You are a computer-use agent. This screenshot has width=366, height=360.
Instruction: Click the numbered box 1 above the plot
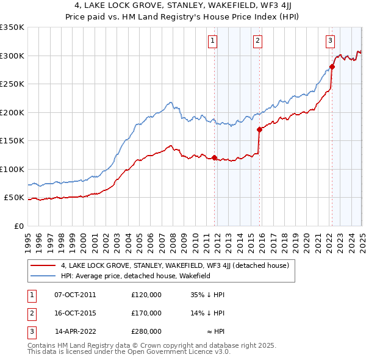[x=213, y=41]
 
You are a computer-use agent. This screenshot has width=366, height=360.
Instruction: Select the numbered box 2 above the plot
[x=258, y=41]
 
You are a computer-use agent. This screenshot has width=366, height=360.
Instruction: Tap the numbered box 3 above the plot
[x=330, y=41]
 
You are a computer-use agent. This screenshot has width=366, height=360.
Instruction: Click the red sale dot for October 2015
[x=259, y=129]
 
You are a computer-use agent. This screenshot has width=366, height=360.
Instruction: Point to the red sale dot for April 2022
[x=332, y=67]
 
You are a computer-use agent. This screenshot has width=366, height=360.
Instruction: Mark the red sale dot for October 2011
[x=215, y=157]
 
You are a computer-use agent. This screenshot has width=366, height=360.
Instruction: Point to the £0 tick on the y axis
[x=18, y=226]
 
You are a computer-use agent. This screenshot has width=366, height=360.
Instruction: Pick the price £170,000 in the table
[x=146, y=313]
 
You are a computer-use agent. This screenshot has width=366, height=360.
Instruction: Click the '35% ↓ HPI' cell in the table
[x=207, y=295]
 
